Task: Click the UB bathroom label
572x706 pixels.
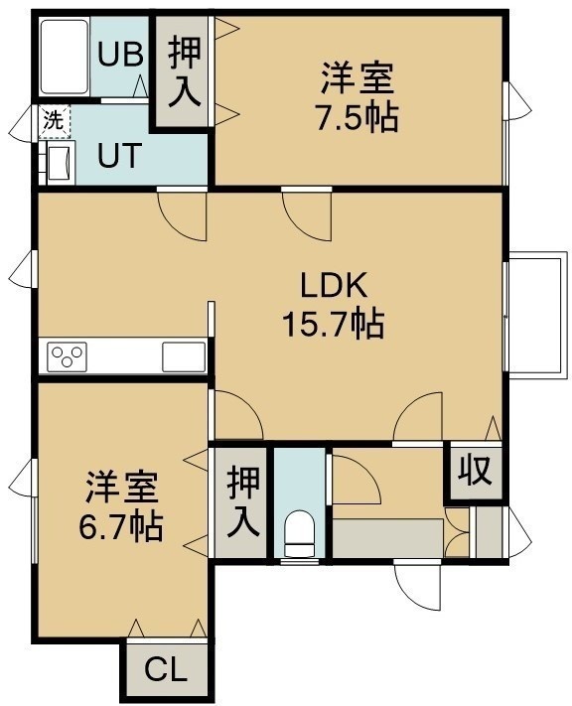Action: (x=120, y=55)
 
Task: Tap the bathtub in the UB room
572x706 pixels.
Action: (x=64, y=57)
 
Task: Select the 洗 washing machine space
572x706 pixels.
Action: (x=54, y=121)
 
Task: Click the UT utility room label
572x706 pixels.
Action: (x=120, y=156)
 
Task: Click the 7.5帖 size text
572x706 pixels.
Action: (x=357, y=118)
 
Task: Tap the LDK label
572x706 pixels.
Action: (x=335, y=285)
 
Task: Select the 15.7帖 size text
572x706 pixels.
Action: (x=334, y=324)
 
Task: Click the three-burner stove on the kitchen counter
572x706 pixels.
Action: (x=68, y=356)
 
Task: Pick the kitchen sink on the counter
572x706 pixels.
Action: (x=184, y=356)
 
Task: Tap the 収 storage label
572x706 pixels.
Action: (x=476, y=472)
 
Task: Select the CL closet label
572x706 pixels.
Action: (x=165, y=670)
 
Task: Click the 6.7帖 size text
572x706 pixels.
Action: (x=121, y=526)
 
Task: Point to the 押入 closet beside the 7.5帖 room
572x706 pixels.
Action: (x=185, y=71)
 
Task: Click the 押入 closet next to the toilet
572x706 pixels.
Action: (x=243, y=501)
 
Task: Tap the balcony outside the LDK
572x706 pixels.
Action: (x=537, y=315)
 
